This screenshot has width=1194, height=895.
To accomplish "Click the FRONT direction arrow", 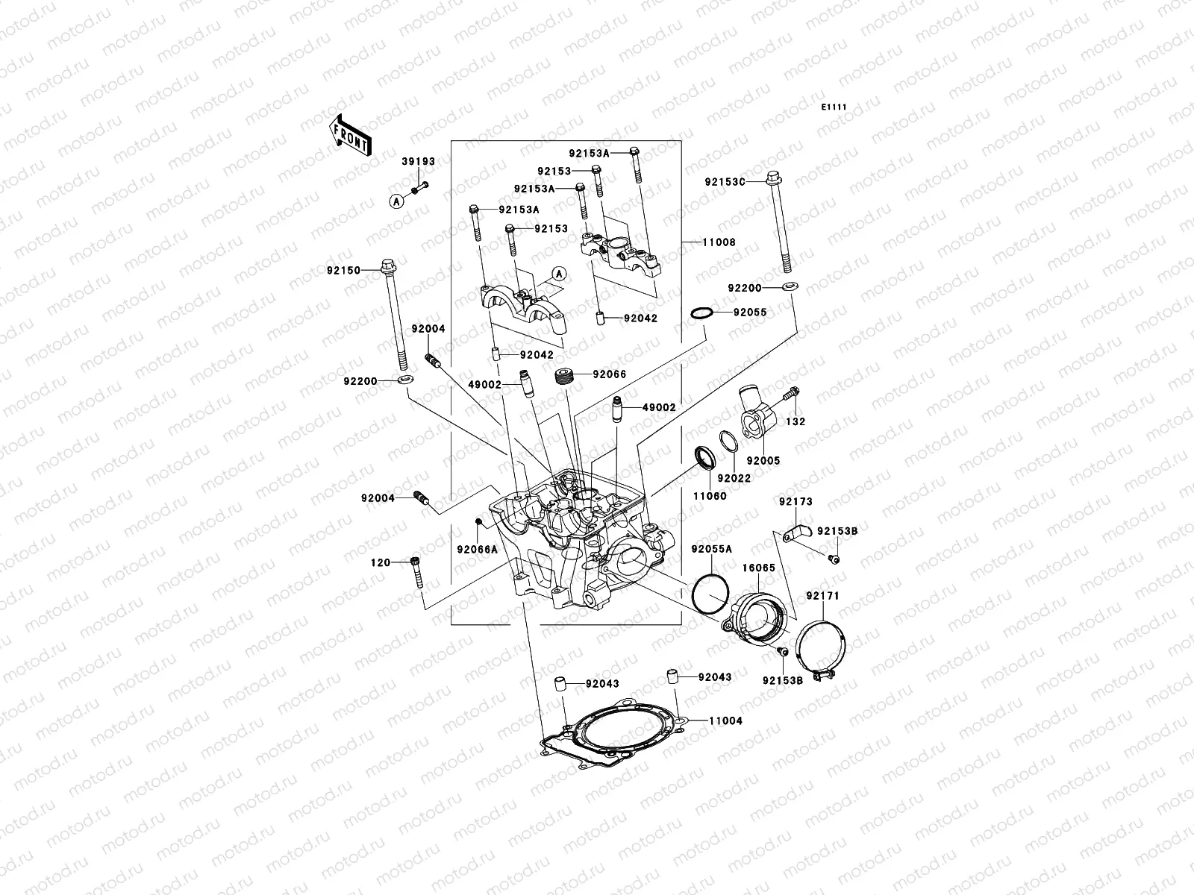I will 350,135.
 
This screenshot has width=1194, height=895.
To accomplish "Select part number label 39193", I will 418,161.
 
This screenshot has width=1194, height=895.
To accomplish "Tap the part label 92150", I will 343,271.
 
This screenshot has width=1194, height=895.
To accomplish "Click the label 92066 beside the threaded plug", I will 610,374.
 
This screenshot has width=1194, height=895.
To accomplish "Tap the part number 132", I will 796,421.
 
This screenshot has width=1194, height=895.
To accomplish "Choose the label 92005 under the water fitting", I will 763,461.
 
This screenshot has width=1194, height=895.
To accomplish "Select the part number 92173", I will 796,502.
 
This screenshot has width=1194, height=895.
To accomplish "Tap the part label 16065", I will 758,568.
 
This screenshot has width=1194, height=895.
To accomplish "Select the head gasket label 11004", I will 725,721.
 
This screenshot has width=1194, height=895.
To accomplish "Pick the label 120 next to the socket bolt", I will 381,562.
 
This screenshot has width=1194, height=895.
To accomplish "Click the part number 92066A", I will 477,550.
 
